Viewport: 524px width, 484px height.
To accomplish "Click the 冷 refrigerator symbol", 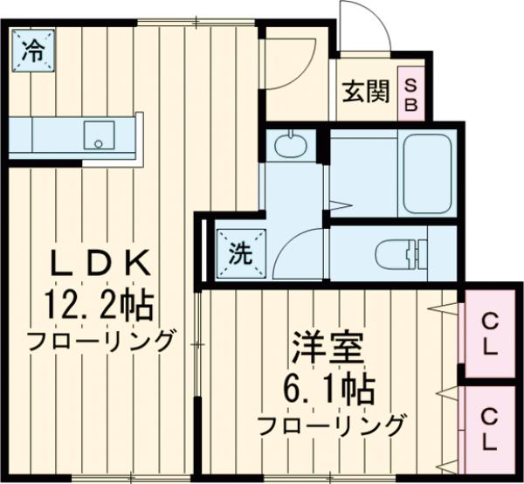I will tap(32, 50).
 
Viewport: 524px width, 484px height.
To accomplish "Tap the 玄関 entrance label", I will tap(365, 91).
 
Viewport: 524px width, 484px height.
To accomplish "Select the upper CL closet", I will tap(489, 333).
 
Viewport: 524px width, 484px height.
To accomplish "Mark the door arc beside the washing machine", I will tap(295, 253).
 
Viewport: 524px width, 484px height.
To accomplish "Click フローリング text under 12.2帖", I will tap(100, 340).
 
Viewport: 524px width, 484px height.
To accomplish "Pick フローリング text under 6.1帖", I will tap(331, 425).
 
